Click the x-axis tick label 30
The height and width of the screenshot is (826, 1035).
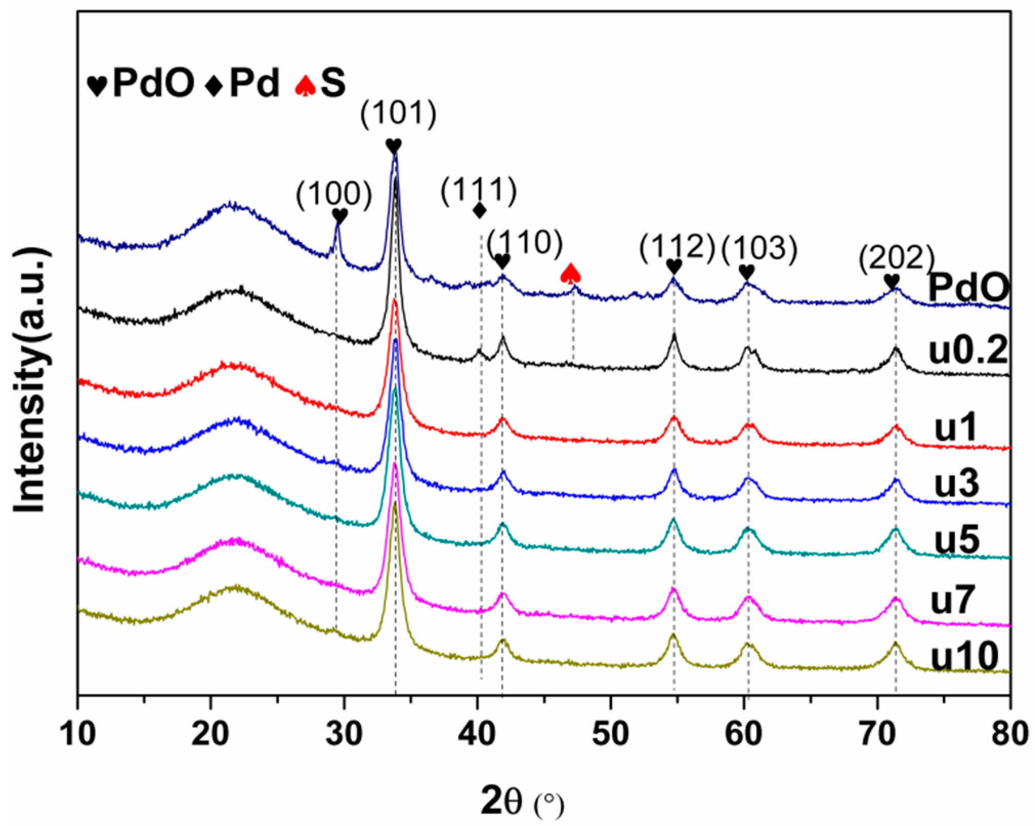click(344, 734)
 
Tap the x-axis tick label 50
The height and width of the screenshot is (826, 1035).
click(610, 734)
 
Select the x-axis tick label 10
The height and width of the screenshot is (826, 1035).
click(78, 734)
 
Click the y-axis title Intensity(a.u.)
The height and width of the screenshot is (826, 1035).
click(32, 379)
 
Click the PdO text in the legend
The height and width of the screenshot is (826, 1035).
click(153, 83)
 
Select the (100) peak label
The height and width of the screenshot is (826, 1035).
click(334, 195)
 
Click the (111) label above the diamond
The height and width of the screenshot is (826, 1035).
click(479, 191)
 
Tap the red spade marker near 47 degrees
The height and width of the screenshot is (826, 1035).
click(571, 274)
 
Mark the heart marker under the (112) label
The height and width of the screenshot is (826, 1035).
click(674, 266)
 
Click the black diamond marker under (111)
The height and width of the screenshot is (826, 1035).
click(479, 210)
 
